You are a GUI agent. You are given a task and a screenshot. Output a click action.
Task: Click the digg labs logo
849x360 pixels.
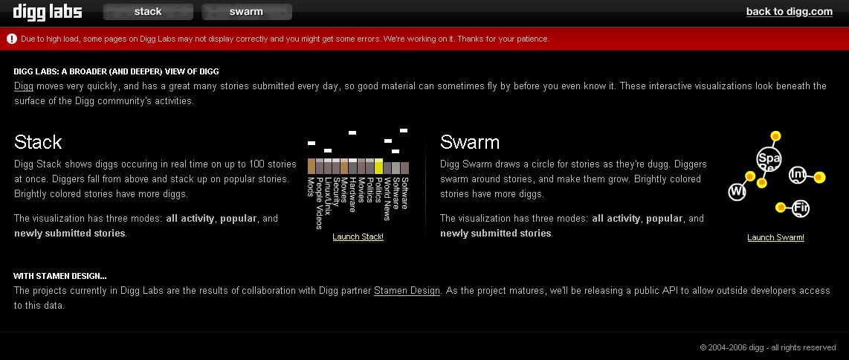coord(48,11)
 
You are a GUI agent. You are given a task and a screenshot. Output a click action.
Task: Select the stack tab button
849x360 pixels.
coord(148,11)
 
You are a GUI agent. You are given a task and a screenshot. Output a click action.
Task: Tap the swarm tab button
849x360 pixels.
coord(246,11)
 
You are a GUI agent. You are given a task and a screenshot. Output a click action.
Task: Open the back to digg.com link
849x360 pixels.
coord(789,11)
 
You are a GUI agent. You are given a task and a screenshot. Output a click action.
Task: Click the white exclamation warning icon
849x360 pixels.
coord(12,39)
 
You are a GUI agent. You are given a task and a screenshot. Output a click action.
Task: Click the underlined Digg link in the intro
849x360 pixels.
coord(24,86)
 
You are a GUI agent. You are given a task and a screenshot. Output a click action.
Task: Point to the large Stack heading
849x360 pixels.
coord(38,142)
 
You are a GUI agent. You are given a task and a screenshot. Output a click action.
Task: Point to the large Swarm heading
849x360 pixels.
coord(469,142)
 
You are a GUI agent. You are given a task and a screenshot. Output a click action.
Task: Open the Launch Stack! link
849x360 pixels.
coord(358,237)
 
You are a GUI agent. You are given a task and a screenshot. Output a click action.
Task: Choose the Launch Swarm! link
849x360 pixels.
coord(775,237)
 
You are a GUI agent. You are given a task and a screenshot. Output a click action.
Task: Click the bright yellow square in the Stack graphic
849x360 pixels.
coord(378,166)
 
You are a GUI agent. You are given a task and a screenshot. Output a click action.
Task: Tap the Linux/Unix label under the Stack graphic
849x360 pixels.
coord(328,194)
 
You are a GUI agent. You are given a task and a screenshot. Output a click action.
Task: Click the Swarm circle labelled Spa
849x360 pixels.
coord(768,159)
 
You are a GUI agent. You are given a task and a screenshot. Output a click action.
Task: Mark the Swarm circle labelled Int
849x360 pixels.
coord(798,174)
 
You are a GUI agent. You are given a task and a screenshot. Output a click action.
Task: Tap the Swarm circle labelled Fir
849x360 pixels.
coord(800,208)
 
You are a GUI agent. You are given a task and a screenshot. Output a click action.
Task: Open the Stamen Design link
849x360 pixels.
coord(407,291)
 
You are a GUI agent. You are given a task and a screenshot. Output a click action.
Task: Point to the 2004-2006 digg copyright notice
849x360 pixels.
coord(768,347)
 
